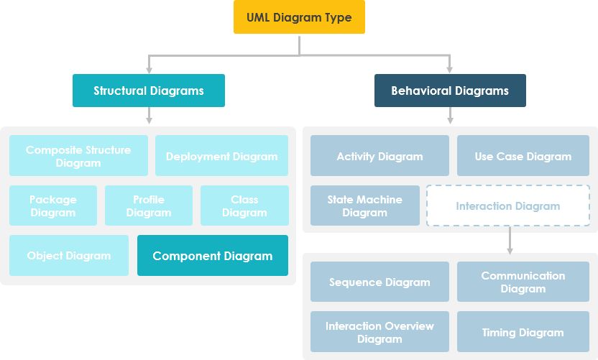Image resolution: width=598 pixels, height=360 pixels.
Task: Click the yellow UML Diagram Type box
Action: (x=299, y=17)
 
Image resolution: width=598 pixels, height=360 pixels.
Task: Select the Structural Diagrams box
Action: (x=149, y=91)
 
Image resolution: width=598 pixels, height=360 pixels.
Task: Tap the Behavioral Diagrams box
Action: (x=450, y=91)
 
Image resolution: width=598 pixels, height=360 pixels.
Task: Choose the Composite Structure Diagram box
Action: (x=78, y=156)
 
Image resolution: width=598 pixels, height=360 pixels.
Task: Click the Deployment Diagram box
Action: (x=221, y=156)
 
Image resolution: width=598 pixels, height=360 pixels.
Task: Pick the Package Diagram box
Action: (x=53, y=206)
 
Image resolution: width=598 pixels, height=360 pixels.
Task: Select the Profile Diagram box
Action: (x=149, y=206)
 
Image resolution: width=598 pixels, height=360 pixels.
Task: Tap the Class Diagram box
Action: (x=244, y=206)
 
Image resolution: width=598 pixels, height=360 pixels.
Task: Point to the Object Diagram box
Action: (x=69, y=255)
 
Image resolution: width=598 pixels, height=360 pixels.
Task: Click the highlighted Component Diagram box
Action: (x=213, y=255)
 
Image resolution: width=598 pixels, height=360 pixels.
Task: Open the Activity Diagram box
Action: (x=379, y=156)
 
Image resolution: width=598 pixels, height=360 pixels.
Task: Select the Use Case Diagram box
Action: (x=523, y=156)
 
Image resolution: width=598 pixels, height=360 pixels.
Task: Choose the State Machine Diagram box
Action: (x=365, y=206)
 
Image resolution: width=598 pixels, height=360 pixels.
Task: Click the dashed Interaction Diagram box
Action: (x=507, y=206)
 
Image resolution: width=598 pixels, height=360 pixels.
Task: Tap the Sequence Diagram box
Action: (x=379, y=282)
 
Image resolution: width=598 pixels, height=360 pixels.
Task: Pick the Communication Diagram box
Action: (x=523, y=282)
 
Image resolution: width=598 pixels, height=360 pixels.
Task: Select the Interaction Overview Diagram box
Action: (x=379, y=332)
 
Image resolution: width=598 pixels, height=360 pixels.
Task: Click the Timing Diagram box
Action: (x=523, y=332)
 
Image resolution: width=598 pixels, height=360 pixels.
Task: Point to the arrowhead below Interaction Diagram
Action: (x=510, y=249)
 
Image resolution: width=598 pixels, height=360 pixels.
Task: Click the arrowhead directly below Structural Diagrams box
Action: (x=149, y=120)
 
